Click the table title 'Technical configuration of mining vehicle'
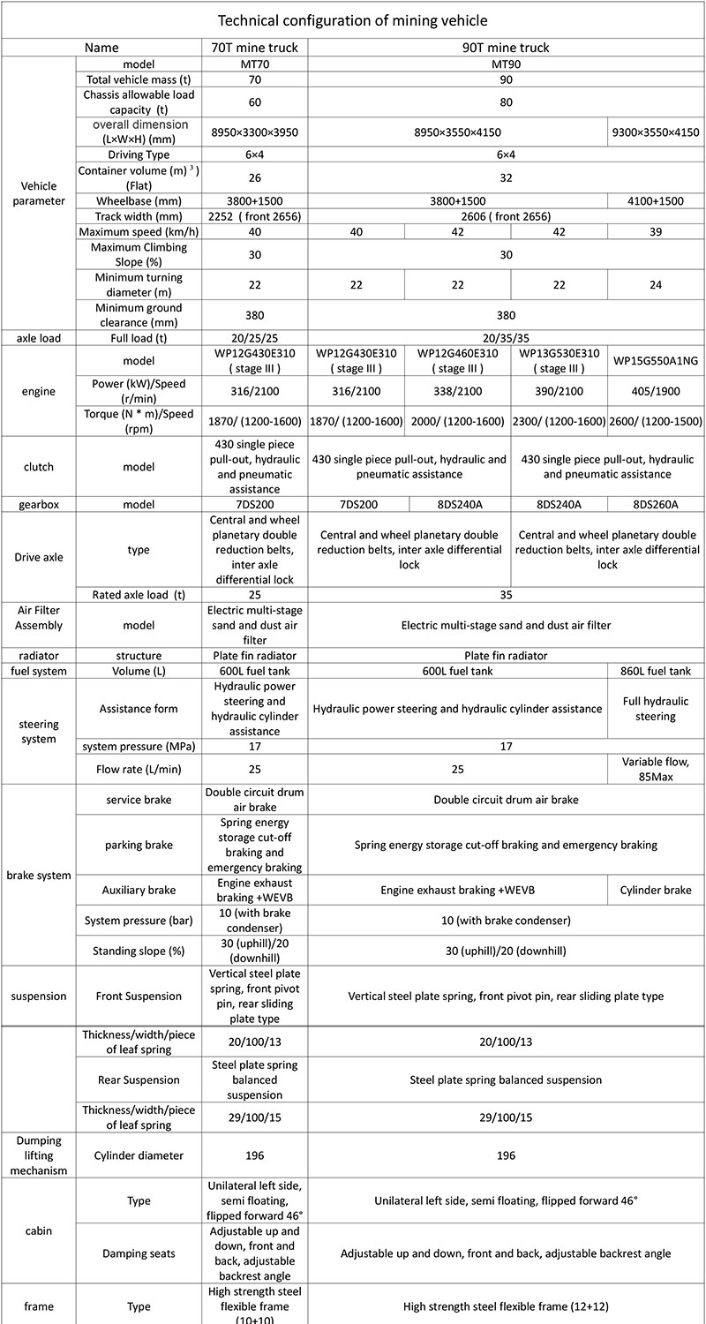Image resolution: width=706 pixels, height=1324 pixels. tap(352, 19)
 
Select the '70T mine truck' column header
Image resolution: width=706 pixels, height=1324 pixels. tap(254, 48)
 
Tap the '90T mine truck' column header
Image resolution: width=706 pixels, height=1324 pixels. tap(506, 48)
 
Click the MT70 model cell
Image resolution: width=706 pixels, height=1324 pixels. tap(254, 64)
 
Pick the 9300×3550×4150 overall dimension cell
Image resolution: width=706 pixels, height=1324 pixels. tap(656, 133)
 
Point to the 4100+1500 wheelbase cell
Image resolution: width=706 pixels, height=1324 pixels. tap(656, 200)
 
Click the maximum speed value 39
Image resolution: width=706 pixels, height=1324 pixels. tap(656, 231)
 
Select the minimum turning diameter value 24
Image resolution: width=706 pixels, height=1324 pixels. tap(656, 284)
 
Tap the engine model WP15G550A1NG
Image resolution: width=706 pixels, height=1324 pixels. tap(656, 360)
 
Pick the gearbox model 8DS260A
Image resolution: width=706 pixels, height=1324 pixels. tap(656, 504)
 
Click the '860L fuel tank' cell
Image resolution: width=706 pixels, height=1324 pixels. tap(656, 671)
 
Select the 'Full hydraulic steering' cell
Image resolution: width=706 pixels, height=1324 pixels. tap(656, 709)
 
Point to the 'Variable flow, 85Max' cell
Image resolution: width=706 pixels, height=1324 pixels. tap(656, 769)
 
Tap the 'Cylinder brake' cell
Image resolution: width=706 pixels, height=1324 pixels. tap(656, 891)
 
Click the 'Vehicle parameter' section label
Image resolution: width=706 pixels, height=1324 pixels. tap(38, 192)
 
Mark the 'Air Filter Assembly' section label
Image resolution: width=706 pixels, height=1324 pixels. tap(38, 625)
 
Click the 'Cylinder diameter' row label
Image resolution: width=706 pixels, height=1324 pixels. tap(139, 1155)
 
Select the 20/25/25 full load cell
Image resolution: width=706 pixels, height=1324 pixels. tap(254, 338)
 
